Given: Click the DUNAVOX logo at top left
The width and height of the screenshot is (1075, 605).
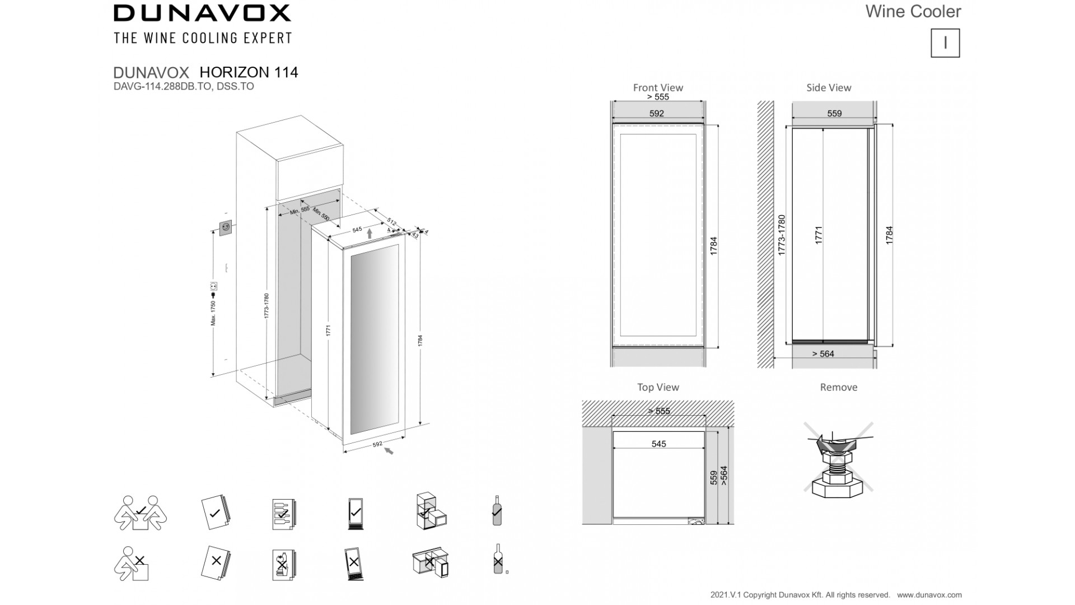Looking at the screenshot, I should click(202, 13).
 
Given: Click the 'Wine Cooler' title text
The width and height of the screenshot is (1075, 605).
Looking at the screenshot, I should click(913, 11).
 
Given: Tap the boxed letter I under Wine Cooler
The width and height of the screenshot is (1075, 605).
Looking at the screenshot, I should click(945, 43).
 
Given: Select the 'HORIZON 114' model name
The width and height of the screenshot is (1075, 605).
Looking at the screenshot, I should click(249, 72).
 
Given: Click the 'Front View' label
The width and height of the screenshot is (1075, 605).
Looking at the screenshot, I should click(658, 87).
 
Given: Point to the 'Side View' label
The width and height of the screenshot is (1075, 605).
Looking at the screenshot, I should click(829, 87).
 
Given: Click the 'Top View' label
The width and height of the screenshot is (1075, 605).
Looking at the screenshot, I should click(658, 387).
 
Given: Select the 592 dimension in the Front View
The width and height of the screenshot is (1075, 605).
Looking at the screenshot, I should click(657, 113).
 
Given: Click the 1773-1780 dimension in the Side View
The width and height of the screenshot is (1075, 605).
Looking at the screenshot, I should click(782, 235).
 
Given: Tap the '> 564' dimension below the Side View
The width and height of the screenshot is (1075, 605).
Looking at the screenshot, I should click(823, 353).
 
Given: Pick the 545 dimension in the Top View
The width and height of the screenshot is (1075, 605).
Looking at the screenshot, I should click(658, 444).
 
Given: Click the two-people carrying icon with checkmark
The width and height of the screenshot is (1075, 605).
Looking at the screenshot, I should click(141, 513).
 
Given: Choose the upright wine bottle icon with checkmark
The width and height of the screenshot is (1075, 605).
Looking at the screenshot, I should click(497, 510).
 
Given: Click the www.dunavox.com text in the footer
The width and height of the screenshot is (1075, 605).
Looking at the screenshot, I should click(929, 595).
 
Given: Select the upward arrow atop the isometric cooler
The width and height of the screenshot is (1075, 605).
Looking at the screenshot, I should click(370, 234).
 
